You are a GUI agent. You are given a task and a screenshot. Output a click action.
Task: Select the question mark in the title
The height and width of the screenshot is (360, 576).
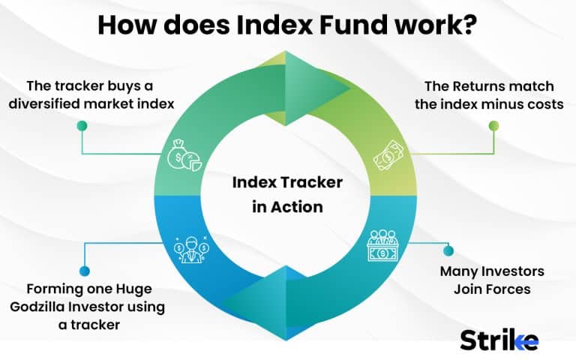point(469,25)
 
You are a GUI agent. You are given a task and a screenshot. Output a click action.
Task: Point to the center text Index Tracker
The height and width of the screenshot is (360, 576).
point(288,183)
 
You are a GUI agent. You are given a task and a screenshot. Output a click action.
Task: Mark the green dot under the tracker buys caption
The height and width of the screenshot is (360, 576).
point(82,126)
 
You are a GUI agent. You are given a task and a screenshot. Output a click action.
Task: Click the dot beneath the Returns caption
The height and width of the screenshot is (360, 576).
point(493,126)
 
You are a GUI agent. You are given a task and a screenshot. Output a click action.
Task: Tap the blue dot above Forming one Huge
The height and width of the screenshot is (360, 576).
point(84,271)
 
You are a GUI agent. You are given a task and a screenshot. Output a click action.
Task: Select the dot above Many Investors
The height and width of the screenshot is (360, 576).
point(449,250)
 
